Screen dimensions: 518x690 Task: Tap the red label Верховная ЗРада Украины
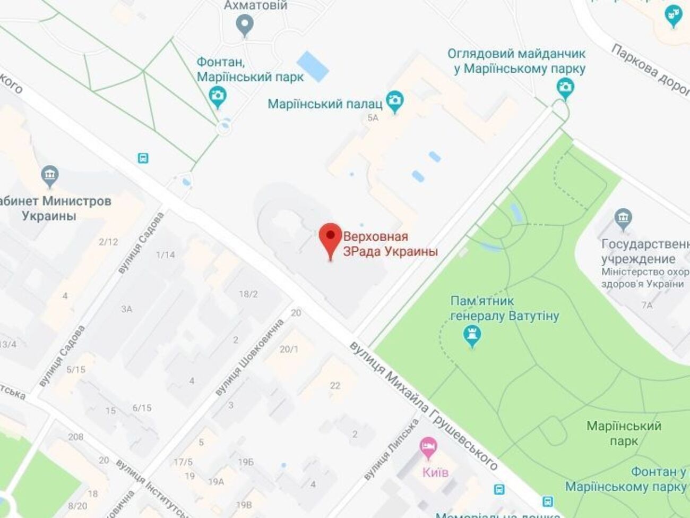[391, 244]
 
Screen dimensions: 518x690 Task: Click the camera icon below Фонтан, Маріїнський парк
[218, 96]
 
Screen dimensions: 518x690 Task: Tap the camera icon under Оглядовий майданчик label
[565, 87]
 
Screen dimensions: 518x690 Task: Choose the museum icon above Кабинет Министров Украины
[49, 175]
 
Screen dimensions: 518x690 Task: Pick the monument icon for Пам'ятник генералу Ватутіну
[472, 335]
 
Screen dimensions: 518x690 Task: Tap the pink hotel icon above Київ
[428, 445]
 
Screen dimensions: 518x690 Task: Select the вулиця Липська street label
[392, 449]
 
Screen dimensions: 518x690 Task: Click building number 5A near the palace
[373, 118]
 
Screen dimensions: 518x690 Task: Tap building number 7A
[646, 305]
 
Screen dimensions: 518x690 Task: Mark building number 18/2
[248, 294]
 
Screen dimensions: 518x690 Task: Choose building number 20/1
[289, 349]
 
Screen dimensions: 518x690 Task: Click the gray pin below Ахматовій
[245, 24]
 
